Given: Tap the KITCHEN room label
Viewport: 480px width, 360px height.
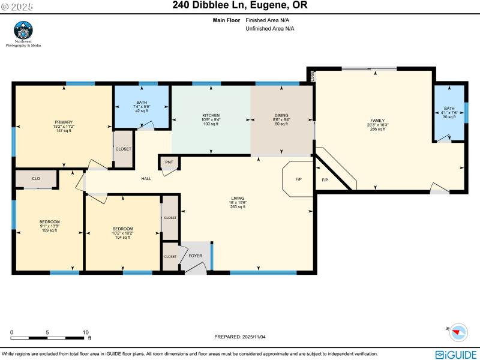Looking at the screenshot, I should click(211, 115).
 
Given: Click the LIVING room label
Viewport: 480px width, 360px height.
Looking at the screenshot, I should click(238, 198).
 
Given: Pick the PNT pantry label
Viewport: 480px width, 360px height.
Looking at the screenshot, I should click(169, 162).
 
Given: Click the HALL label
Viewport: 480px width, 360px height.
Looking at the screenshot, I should click(146, 179).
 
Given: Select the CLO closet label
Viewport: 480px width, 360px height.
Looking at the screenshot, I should click(36, 178).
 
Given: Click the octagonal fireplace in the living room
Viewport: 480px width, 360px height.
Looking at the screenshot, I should click(298, 178).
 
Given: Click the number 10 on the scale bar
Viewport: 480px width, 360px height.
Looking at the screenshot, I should click(86, 332).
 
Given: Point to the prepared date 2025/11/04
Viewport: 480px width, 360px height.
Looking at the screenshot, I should click(239, 337).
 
